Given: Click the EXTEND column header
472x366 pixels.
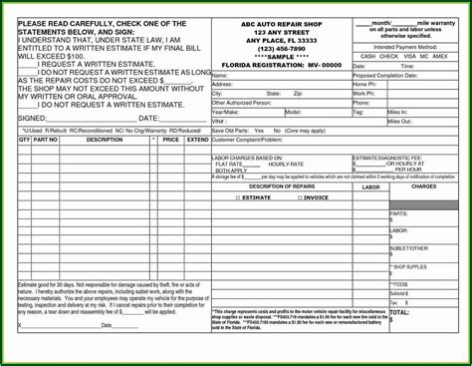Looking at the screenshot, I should (197, 142).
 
